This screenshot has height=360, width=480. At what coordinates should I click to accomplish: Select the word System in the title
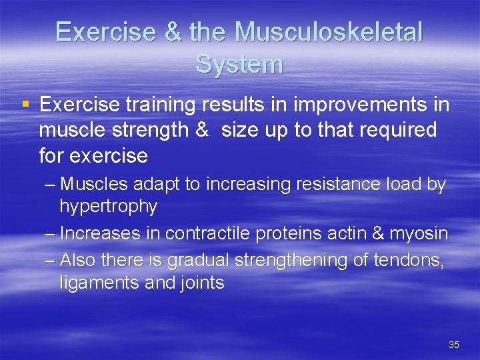pos(239,65)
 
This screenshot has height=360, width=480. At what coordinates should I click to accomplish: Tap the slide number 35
pos(454,345)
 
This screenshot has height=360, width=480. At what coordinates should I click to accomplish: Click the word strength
pos(155,130)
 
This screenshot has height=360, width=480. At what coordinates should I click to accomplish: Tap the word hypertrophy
pos(108,207)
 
